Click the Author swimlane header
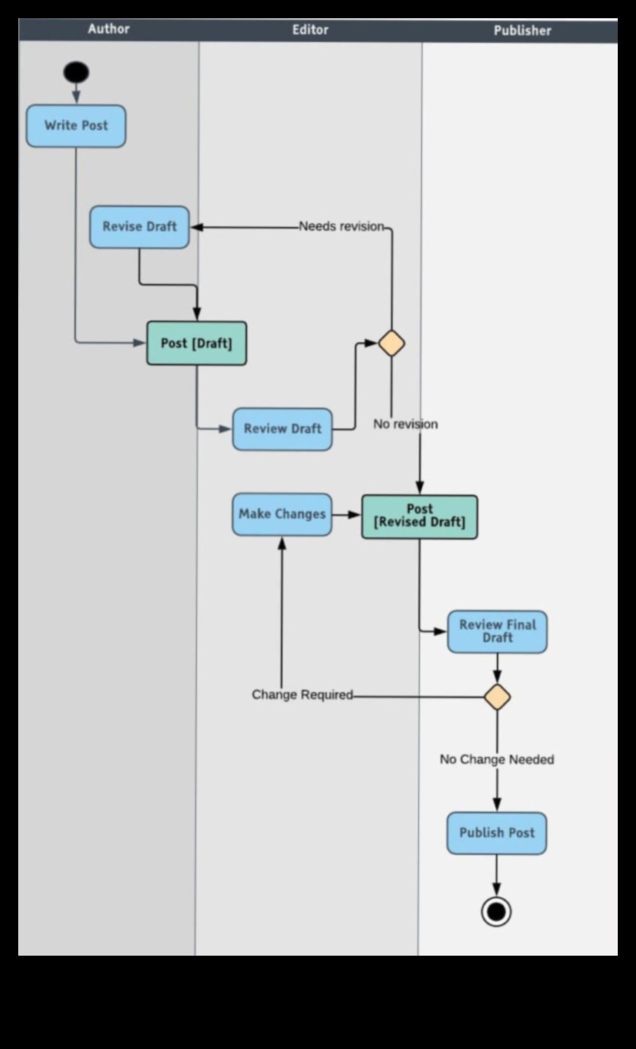[x=108, y=29]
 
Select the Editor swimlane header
[x=310, y=29]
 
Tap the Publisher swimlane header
[x=522, y=30]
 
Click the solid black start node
[x=76, y=72]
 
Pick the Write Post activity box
[x=76, y=126]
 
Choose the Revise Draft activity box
[x=139, y=227]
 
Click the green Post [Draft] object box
[x=197, y=343]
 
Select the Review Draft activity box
[x=282, y=429]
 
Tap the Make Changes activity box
[x=282, y=514]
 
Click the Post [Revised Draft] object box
[x=419, y=516]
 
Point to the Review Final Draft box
[x=497, y=632]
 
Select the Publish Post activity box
[x=497, y=833]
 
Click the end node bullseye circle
[x=496, y=912]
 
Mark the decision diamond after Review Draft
[x=392, y=343]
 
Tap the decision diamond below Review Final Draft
[x=497, y=697]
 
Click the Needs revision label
[x=341, y=226]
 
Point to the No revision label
[x=405, y=425]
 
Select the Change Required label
[x=302, y=695]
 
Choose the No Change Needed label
[x=497, y=760]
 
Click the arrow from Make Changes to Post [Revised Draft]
[x=347, y=514]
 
